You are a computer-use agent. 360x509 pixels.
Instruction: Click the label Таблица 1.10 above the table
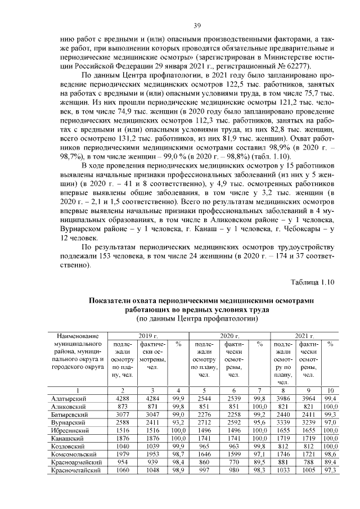click(313, 281)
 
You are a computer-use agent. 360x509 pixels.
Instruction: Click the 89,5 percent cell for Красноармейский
click(259, 462)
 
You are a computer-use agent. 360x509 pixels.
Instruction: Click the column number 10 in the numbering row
click(331, 390)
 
